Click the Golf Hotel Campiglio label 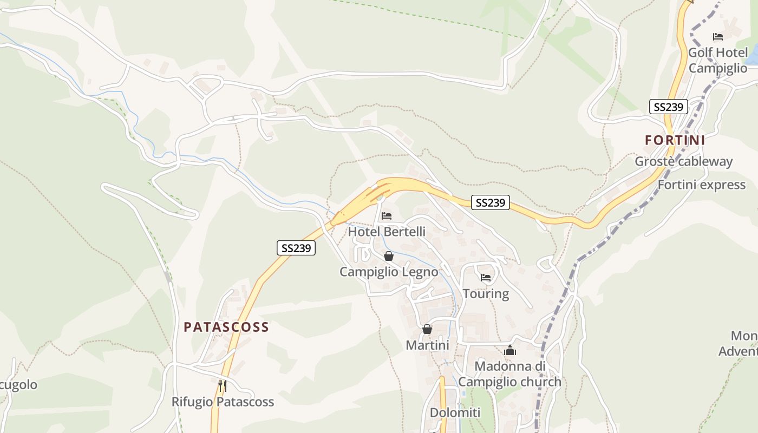(718, 61)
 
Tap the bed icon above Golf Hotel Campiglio (718, 37)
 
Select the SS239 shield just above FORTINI (669, 107)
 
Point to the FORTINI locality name (675, 140)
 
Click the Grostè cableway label (683, 161)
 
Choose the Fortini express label (701, 185)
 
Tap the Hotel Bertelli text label (387, 232)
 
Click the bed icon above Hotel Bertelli (386, 215)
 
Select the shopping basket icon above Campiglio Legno (388, 256)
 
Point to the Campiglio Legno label (389, 272)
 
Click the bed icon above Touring (486, 278)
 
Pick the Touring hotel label (486, 294)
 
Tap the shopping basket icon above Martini (427, 329)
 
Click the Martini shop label (427, 345)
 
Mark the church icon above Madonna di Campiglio (510, 351)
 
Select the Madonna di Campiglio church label (509, 374)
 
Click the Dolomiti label (455, 412)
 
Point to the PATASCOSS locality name (226, 327)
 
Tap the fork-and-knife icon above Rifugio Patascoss (222, 386)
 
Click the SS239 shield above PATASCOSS (296, 248)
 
